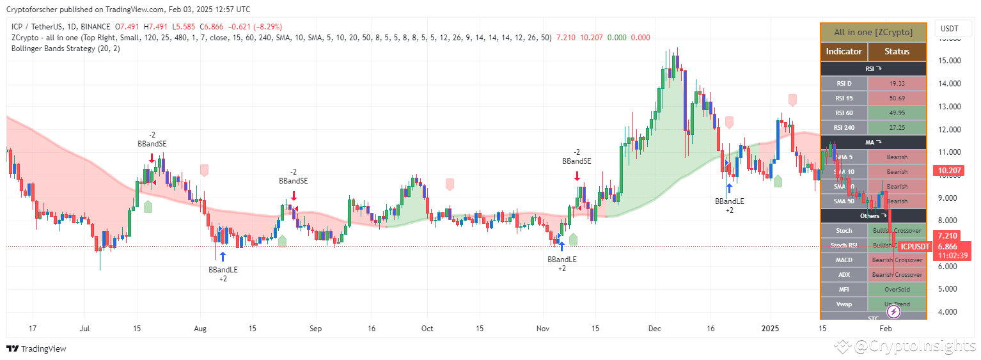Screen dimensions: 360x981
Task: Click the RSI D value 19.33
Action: tap(897, 84)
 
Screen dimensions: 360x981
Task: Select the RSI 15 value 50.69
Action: tap(897, 98)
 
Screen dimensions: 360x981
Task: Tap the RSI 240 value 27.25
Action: tap(897, 128)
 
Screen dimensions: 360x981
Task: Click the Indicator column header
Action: tap(844, 52)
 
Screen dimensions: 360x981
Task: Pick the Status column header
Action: tap(897, 52)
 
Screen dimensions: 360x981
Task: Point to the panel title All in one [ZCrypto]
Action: tap(873, 32)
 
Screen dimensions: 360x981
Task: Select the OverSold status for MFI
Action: tap(897, 290)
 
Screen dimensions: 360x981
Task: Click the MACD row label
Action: tap(844, 260)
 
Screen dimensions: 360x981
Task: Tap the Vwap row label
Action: tap(844, 304)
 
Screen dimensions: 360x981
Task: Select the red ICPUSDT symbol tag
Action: tap(915, 247)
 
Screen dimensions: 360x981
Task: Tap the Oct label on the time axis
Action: tap(427, 329)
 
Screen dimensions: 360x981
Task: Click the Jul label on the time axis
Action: tap(84, 329)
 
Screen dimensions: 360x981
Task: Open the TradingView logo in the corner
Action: tap(36, 349)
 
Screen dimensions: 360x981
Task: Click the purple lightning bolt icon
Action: tap(894, 312)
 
